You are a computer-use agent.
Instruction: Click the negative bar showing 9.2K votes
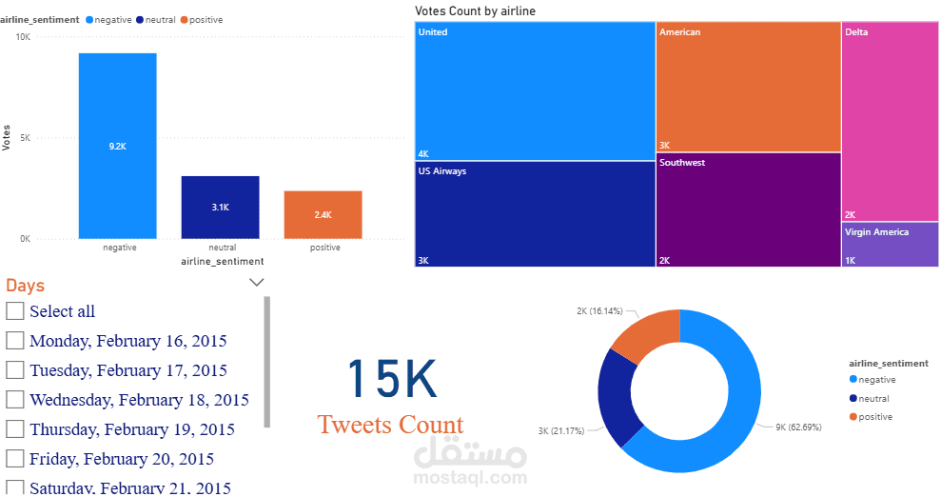click(x=117, y=146)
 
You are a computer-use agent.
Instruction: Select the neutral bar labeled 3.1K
click(x=220, y=207)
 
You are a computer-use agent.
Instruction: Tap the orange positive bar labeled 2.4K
click(x=323, y=214)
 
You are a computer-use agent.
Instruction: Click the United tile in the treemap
click(x=534, y=91)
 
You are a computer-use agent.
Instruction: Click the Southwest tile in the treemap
click(x=748, y=210)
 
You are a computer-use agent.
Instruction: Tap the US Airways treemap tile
click(x=534, y=214)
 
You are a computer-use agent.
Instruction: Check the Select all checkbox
click(x=15, y=311)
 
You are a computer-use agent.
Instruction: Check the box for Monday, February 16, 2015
click(x=15, y=341)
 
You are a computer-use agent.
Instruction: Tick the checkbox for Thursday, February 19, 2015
click(x=15, y=429)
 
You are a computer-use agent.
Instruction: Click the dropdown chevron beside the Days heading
click(x=256, y=282)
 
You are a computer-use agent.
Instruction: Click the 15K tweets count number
click(x=391, y=378)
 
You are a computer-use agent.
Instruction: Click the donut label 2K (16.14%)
click(x=599, y=311)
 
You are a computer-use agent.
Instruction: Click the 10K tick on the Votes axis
click(x=22, y=36)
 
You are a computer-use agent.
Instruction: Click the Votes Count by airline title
click(x=476, y=10)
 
